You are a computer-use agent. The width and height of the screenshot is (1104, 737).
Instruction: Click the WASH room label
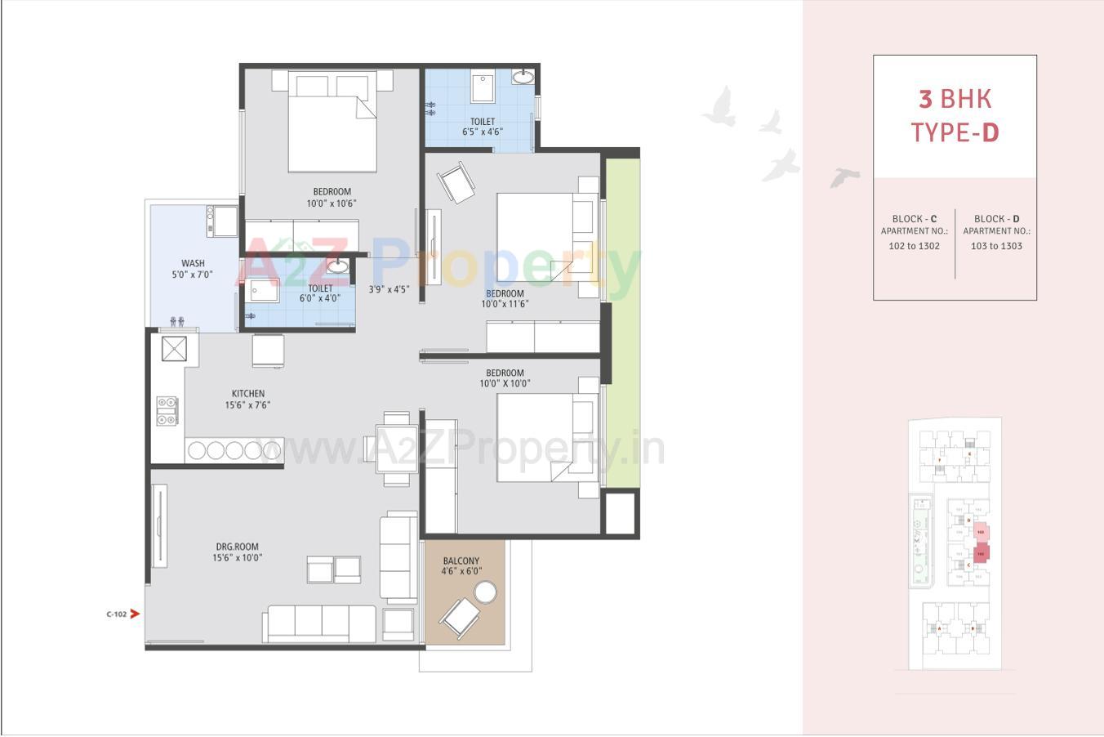193,263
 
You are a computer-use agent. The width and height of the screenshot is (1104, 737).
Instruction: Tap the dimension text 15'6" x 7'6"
247,404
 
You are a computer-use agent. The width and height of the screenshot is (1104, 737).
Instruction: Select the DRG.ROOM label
238,547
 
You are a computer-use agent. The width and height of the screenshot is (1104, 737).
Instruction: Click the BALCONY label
461,561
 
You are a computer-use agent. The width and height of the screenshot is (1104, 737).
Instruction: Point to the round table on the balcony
486,592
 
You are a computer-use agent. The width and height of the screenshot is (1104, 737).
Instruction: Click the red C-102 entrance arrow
134,614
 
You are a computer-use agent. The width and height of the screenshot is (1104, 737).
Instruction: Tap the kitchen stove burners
167,410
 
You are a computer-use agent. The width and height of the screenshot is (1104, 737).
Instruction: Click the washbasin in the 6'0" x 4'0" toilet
337,267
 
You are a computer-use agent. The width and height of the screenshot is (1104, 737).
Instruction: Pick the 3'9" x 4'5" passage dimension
389,289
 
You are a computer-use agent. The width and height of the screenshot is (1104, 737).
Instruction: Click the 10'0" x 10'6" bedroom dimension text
332,203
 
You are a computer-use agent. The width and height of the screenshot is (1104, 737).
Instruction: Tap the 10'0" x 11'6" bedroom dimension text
505,304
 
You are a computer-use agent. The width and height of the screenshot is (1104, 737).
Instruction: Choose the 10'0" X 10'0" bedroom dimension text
505,383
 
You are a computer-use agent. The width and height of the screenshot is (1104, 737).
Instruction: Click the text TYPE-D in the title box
955,132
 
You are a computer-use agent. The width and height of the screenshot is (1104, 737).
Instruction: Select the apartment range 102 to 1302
915,246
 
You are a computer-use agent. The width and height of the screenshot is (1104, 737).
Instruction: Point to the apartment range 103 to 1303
996,246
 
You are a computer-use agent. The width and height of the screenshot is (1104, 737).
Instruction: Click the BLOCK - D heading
996,219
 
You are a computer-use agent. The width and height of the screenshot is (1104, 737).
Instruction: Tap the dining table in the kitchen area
396,449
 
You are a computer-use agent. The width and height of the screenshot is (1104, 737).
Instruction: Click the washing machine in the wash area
222,221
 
